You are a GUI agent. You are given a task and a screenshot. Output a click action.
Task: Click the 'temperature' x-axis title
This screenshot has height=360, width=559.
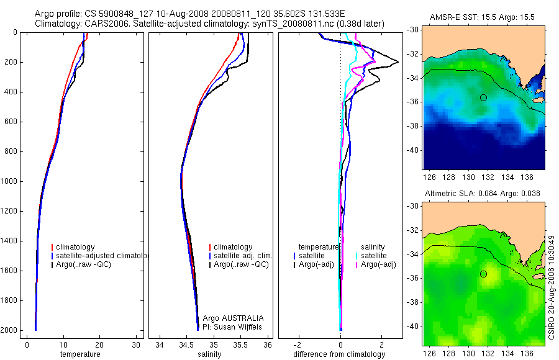(x=80, y=354)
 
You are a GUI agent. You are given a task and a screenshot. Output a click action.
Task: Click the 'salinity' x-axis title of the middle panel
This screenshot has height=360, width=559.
(x=209, y=354)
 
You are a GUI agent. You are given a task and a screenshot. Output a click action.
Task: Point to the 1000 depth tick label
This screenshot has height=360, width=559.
(x=9, y=181)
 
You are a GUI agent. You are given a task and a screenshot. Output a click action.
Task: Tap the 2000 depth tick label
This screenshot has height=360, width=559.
(x=9, y=330)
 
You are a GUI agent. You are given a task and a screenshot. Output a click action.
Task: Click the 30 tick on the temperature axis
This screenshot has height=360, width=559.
(x=136, y=345)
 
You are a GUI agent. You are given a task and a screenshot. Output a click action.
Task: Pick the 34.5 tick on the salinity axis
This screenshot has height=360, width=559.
(x=186, y=345)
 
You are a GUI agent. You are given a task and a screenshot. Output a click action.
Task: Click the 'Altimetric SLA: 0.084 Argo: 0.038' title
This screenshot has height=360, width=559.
(x=483, y=194)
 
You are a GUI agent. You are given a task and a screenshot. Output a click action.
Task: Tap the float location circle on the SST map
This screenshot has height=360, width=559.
(x=483, y=97)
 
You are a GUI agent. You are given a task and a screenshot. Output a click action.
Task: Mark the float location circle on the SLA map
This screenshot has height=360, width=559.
(x=483, y=274)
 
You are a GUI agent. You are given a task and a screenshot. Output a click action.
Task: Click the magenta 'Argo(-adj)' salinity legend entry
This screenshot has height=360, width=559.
(x=378, y=264)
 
